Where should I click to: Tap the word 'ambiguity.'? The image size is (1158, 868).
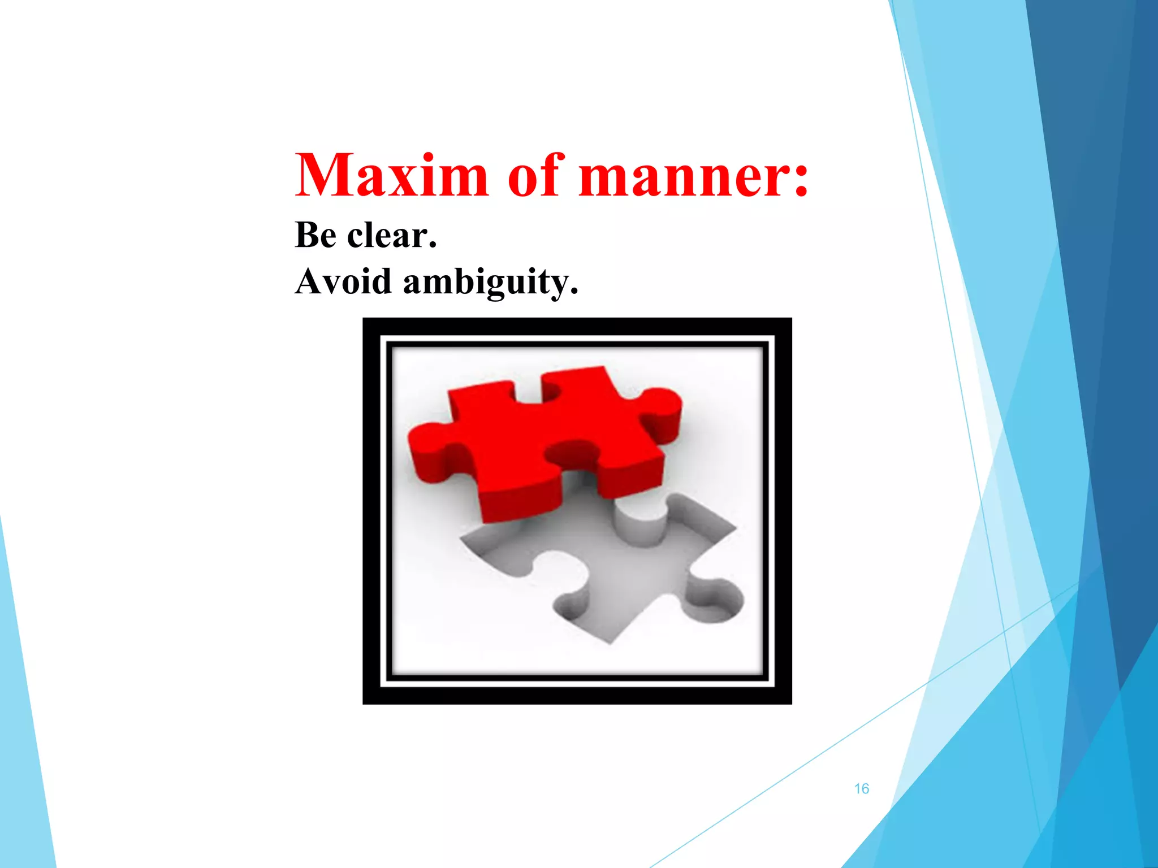pos(491,283)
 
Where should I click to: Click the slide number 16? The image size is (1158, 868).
pos(861,789)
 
